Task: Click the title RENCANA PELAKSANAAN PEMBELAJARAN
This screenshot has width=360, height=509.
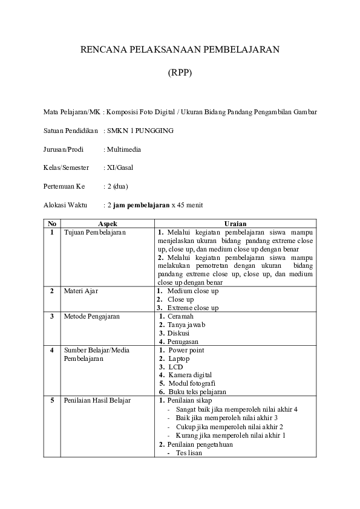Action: [180, 50]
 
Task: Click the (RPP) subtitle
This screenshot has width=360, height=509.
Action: [180, 73]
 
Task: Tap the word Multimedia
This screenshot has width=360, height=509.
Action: [124, 149]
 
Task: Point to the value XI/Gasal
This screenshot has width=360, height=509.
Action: [120, 167]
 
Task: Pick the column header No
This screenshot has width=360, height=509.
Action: [52, 223]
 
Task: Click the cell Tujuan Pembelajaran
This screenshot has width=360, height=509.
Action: [95, 232]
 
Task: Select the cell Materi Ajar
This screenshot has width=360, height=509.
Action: [81, 291]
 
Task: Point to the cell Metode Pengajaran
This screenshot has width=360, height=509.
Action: [92, 316]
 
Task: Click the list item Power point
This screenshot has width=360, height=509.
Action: [186, 350]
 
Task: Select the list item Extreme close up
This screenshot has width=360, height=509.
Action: [193, 308]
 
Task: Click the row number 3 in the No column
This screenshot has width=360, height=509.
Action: [52, 316]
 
